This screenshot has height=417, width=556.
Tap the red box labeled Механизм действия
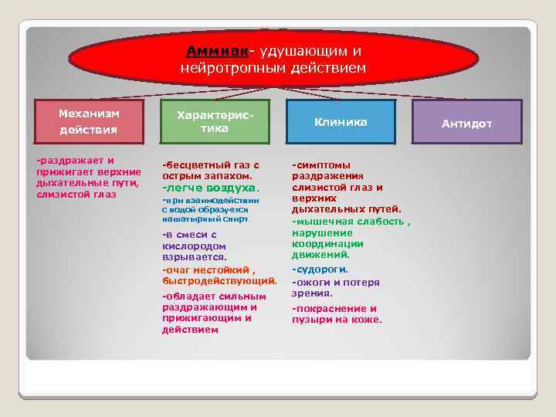[x=89, y=121]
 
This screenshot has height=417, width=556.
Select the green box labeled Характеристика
[x=214, y=121]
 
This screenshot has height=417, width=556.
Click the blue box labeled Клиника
[x=340, y=122]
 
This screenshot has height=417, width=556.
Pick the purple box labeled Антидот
[x=466, y=123]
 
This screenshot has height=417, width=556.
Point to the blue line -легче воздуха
[x=211, y=188]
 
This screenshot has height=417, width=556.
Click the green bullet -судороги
[x=320, y=270]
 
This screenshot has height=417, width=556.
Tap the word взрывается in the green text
[x=194, y=256]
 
